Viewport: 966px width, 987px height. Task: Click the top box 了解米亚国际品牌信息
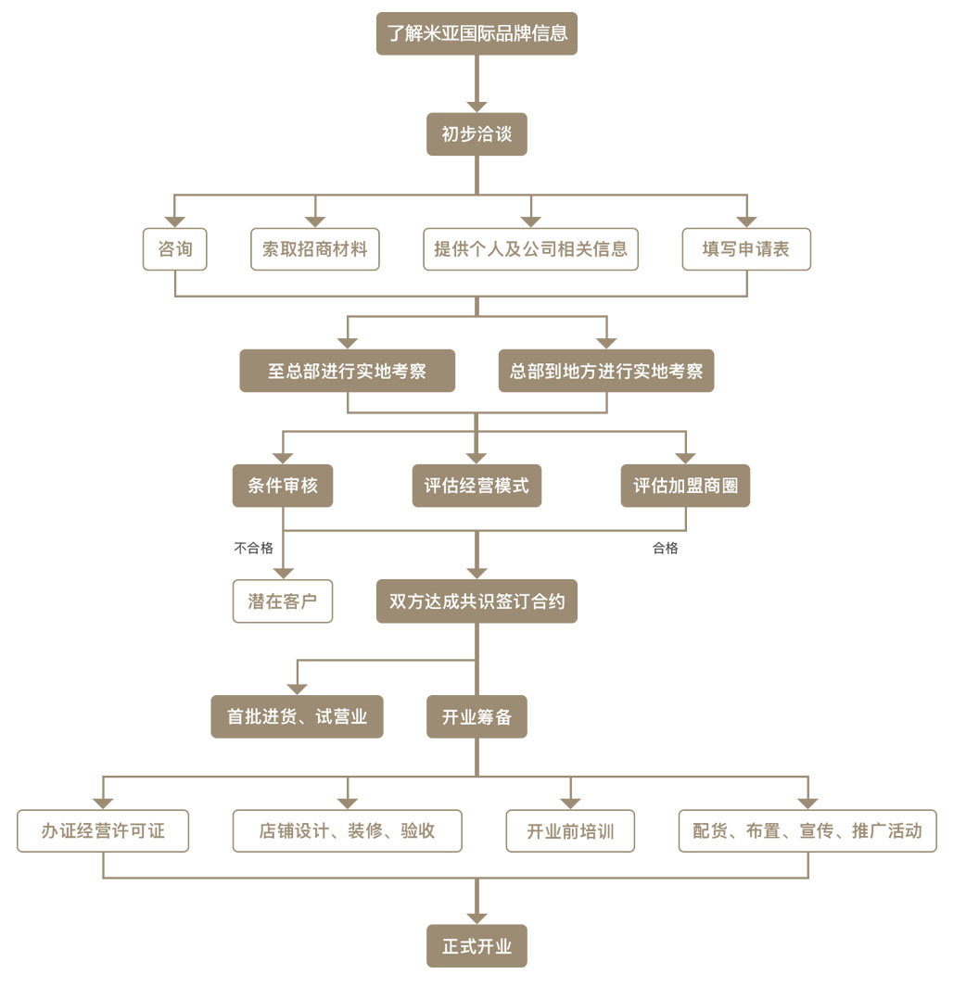[477, 34]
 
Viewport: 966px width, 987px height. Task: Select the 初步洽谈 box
[477, 134]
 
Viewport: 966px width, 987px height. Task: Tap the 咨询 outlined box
[174, 249]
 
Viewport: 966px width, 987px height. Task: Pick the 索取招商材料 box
[315, 249]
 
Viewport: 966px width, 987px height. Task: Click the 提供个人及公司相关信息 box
[530, 249]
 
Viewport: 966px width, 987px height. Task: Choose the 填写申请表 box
[746, 249]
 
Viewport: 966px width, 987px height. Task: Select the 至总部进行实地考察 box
[347, 371]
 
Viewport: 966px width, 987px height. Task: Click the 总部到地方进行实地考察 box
[606, 371]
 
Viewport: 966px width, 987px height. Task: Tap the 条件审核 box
[283, 486]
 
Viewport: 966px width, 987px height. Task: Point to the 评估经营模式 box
[477, 486]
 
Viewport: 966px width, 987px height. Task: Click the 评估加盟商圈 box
[685, 486]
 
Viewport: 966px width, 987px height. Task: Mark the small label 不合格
[253, 548]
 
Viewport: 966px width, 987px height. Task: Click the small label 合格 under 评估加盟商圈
[666, 548]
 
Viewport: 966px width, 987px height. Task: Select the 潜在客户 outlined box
[283, 601]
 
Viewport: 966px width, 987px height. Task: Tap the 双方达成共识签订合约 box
[477, 601]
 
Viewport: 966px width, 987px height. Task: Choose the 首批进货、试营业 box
[297, 716]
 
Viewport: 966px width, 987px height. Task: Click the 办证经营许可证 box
[103, 830]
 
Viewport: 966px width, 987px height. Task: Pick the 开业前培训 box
[570, 830]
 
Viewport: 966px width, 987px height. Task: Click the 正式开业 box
[477, 946]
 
